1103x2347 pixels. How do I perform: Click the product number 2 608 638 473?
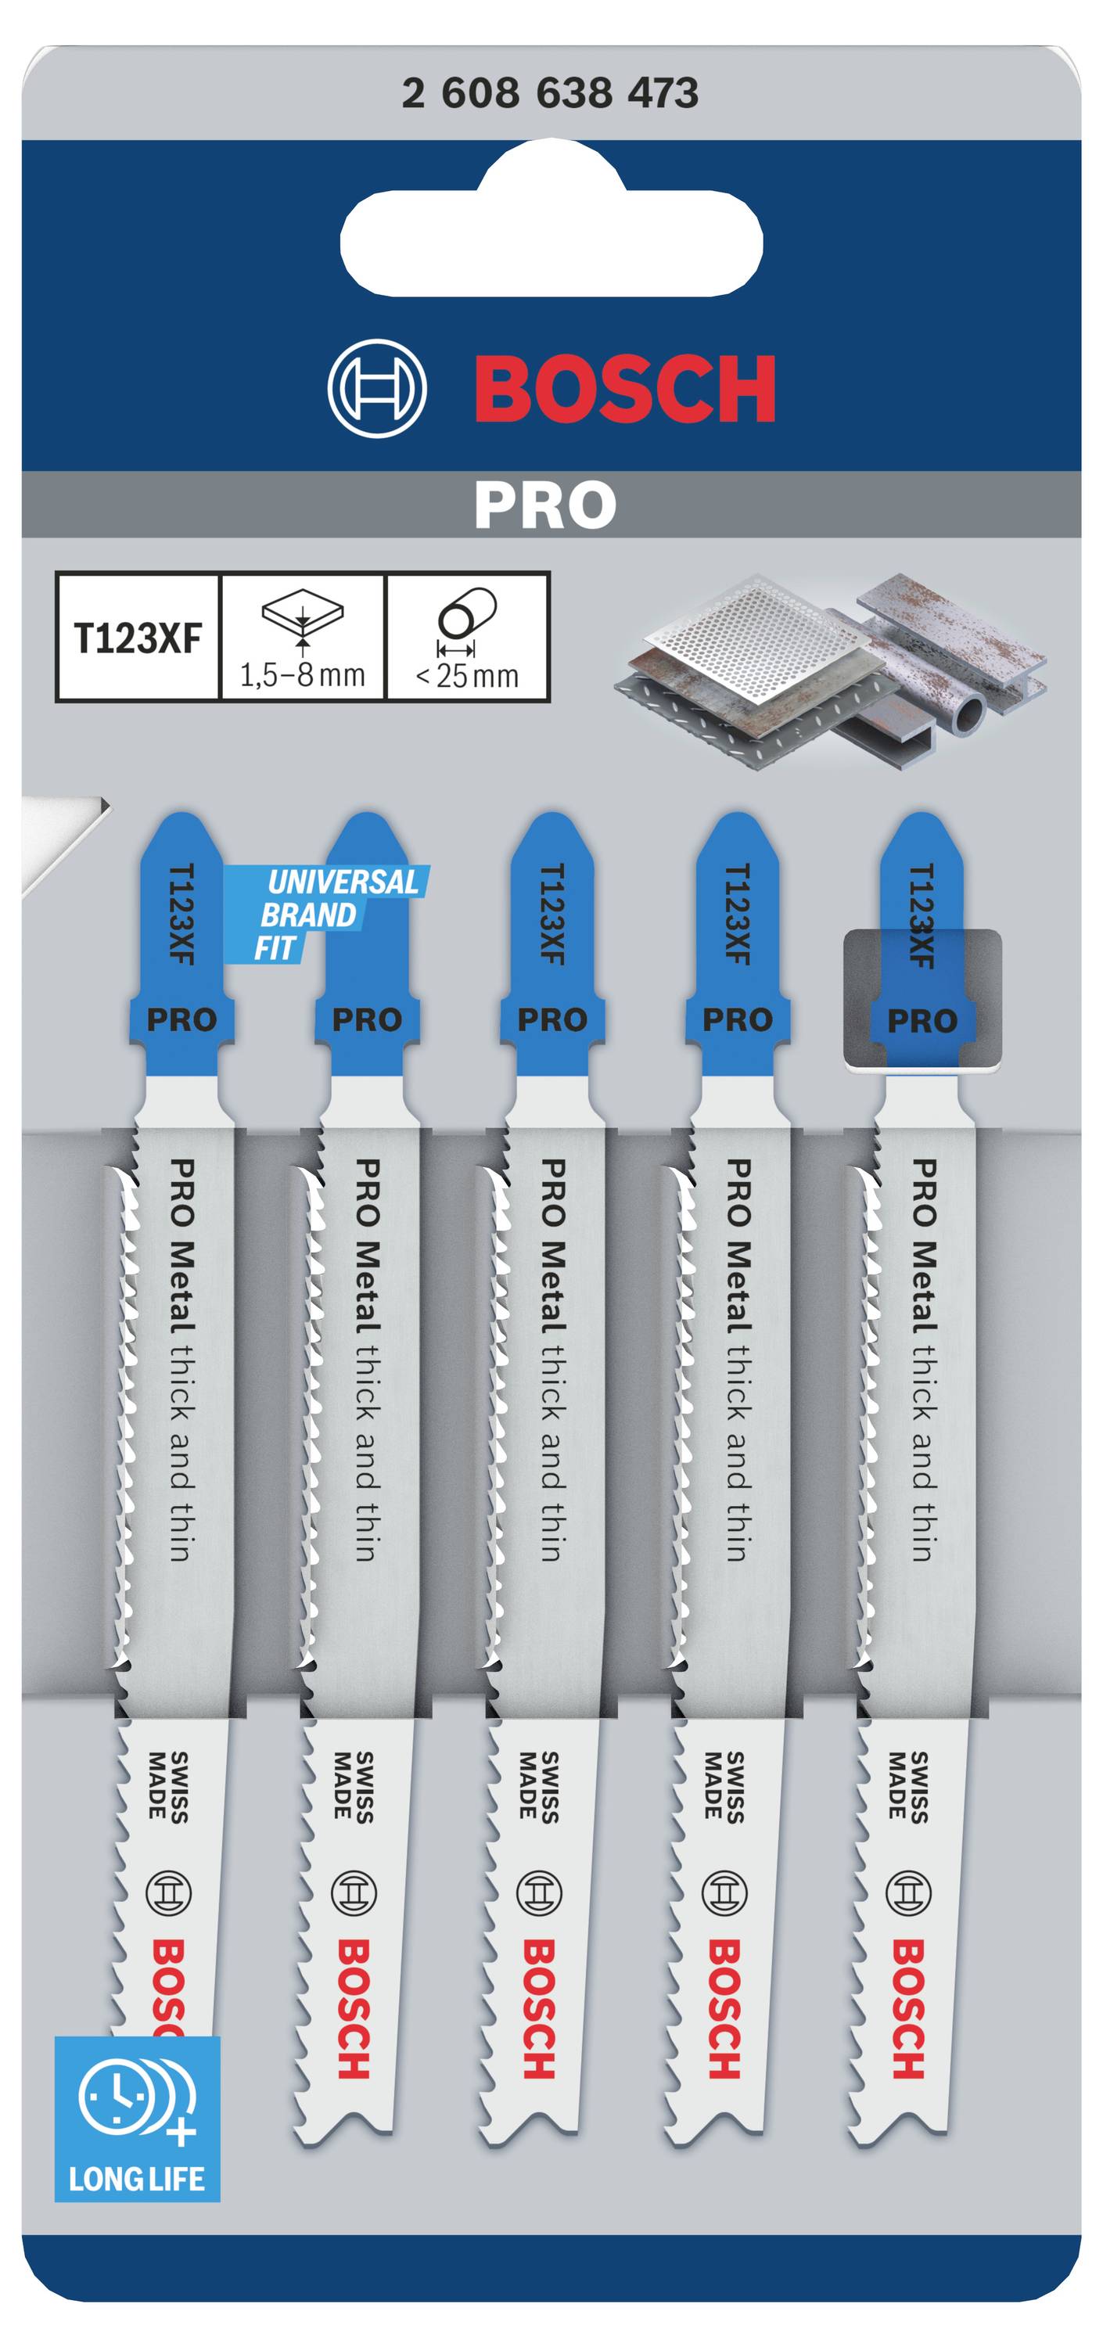(x=550, y=93)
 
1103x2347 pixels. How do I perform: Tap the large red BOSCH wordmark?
(x=625, y=389)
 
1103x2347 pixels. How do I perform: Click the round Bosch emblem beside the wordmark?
(x=377, y=389)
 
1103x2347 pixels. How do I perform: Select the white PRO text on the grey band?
(x=544, y=504)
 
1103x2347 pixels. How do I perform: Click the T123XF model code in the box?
(x=138, y=638)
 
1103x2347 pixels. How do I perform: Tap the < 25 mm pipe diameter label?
(x=467, y=676)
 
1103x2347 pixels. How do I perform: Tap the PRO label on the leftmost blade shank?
(x=181, y=1019)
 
